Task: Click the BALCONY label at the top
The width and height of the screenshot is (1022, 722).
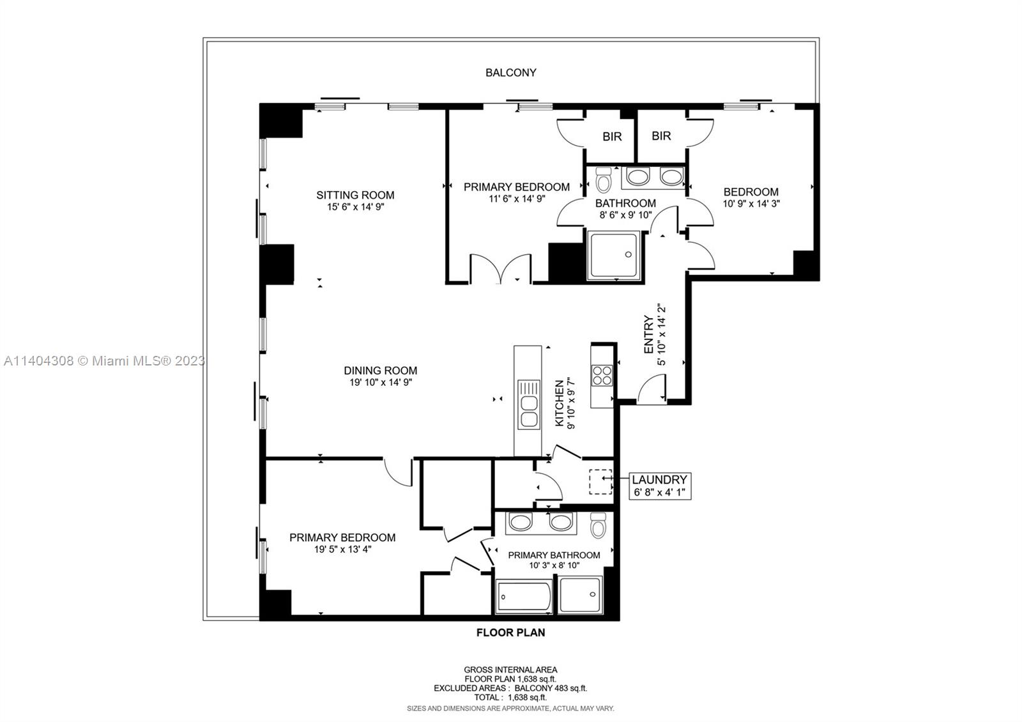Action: [x=510, y=73]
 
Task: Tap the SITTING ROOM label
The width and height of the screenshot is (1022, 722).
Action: [x=355, y=195]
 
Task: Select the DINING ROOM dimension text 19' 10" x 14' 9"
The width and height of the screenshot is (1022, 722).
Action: [x=381, y=383]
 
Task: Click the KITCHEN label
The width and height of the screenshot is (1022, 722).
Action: [x=559, y=403]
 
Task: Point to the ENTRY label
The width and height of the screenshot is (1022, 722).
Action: [x=648, y=334]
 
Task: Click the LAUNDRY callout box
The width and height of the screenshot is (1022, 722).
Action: [x=660, y=486]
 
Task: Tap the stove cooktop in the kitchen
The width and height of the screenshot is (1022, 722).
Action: [x=602, y=375]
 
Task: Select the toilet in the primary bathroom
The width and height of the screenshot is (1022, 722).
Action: [x=598, y=525]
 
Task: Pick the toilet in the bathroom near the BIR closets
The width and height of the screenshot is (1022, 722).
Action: [x=604, y=180]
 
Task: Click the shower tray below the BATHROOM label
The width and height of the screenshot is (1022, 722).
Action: [x=614, y=255]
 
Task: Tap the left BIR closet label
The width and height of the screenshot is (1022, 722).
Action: [x=612, y=137]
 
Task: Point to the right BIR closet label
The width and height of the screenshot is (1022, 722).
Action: [x=661, y=136]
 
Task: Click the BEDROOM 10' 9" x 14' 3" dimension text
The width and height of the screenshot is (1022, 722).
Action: [x=751, y=204]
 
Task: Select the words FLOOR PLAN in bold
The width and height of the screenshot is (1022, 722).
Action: [x=510, y=633]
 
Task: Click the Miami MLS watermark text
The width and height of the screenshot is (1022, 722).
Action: [x=105, y=361]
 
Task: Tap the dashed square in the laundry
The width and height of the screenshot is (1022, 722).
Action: [x=600, y=482]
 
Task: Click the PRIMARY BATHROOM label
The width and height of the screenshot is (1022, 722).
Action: [x=554, y=555]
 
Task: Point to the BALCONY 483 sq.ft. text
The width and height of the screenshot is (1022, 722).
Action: [x=551, y=688]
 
